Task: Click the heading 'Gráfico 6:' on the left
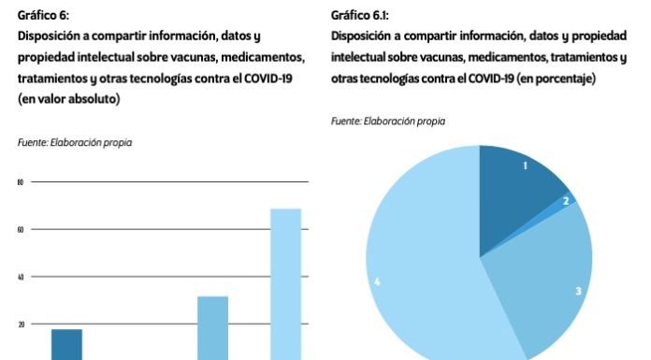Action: point(43,16)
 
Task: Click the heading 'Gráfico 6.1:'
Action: point(360,16)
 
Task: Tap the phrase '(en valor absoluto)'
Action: point(68,99)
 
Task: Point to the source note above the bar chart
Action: point(75,142)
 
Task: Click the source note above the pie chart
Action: point(388,122)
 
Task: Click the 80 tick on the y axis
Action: point(20,182)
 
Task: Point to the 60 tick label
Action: point(20,229)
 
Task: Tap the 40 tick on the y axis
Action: point(20,277)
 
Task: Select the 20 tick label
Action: point(20,324)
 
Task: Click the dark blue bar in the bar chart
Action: point(66,344)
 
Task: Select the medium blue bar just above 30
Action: point(212,327)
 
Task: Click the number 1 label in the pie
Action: point(526,166)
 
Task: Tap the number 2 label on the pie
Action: point(565,200)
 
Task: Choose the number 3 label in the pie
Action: point(578,291)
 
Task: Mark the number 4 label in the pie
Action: point(376,281)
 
